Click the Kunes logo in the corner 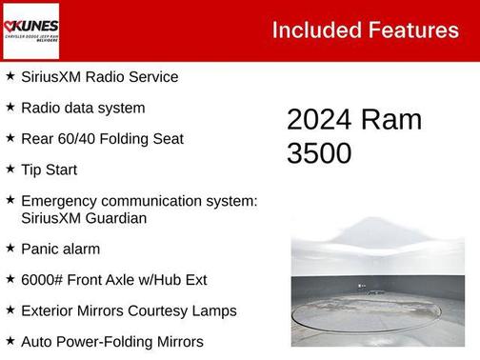point(31,30)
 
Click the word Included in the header point(315,30)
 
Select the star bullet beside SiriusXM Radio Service point(10,76)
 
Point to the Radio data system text point(83,108)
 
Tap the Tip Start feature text point(49,170)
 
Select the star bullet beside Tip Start point(10,169)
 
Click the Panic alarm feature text point(60,249)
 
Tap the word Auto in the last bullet point(37,341)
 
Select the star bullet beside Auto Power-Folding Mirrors point(10,340)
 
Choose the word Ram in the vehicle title point(391,120)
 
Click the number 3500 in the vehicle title point(319,153)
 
